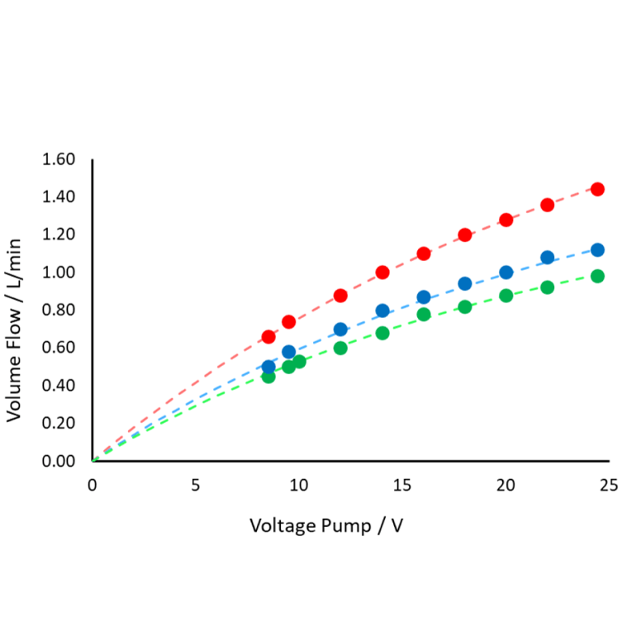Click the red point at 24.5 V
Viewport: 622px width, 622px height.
pos(597,189)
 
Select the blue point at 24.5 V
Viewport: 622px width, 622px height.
pos(597,249)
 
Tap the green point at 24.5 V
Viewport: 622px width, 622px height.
pos(597,276)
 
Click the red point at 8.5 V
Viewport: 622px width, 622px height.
pos(268,337)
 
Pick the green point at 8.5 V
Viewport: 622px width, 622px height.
pos(268,377)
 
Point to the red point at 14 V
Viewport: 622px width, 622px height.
pos(382,273)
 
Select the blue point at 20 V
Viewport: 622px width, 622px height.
pos(506,273)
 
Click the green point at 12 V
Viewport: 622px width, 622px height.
pos(340,348)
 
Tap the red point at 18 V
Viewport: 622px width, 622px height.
pos(464,235)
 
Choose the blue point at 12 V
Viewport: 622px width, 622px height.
pos(340,329)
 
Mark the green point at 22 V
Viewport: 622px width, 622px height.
pos(547,287)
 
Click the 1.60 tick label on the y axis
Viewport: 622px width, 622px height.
pos(58,159)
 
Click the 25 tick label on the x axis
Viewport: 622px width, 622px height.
pos(610,486)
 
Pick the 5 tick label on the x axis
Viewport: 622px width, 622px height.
pos(196,486)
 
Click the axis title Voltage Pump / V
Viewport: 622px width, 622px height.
pos(326,526)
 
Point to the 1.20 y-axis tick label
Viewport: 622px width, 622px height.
pos(58,235)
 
